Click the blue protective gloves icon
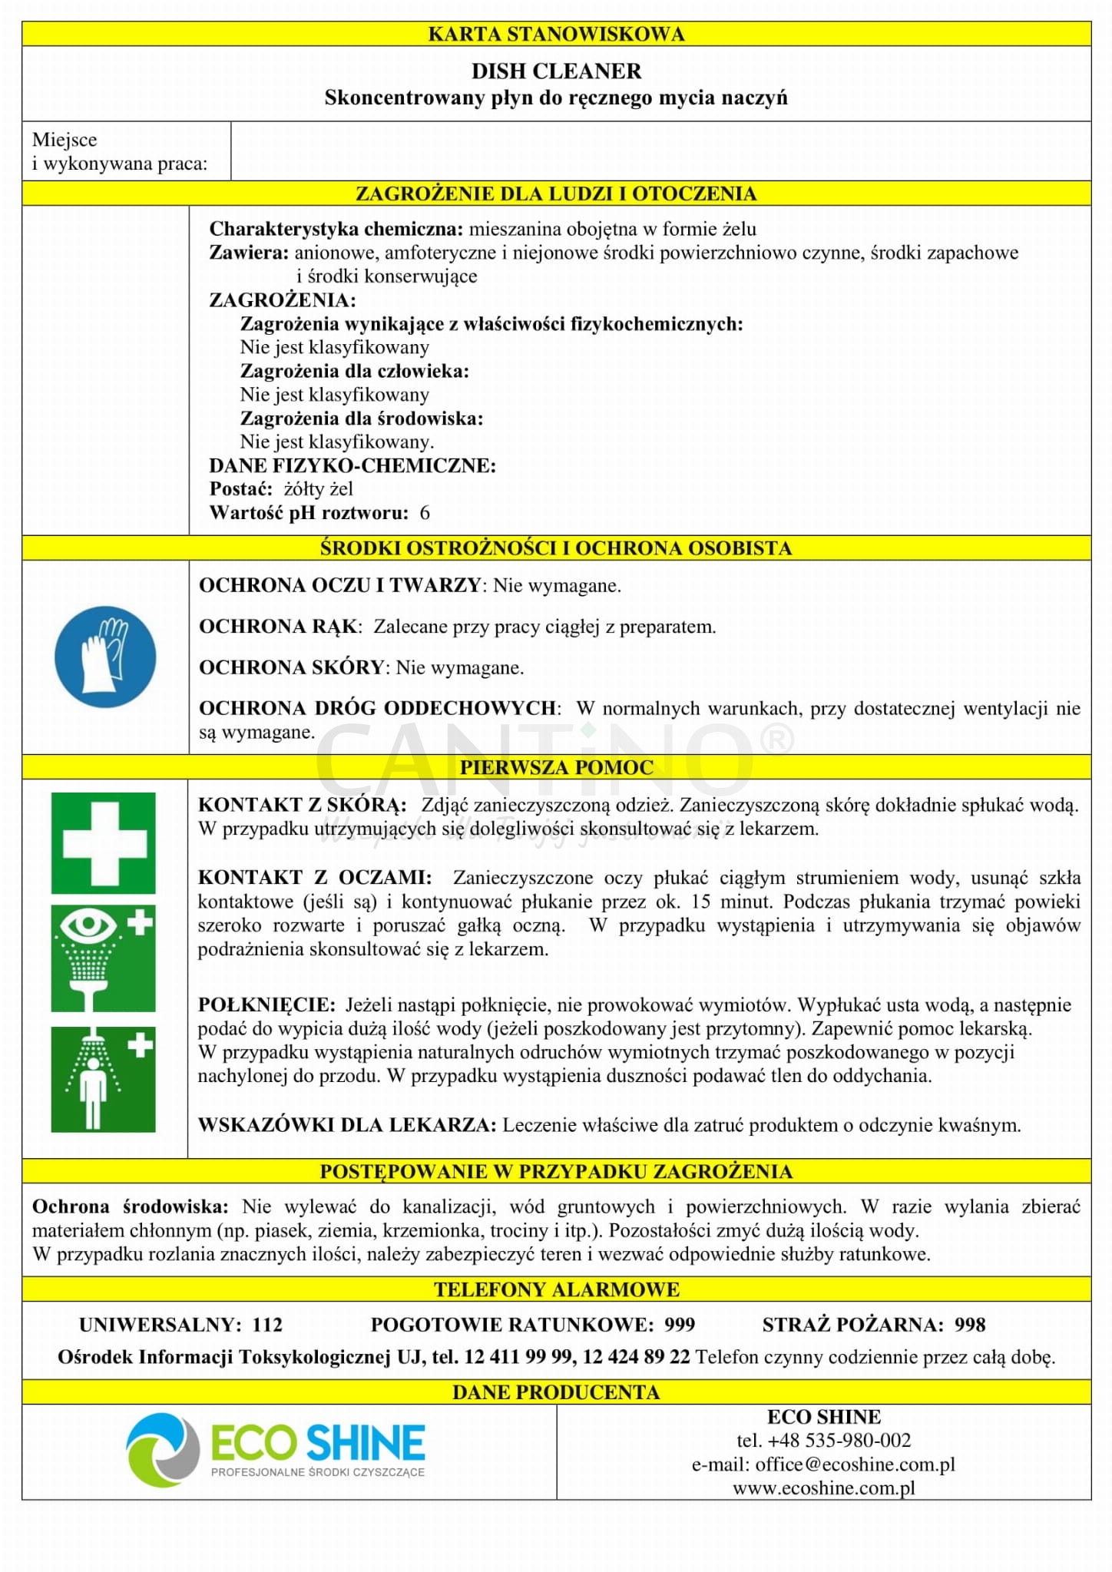[105, 657]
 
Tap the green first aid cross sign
[104, 843]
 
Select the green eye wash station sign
[104, 958]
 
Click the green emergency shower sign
[104, 1079]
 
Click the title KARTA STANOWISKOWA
[556, 34]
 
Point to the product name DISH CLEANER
[556, 71]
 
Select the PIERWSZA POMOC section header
[556, 767]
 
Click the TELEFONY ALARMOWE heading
[556, 1289]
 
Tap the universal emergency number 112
[267, 1325]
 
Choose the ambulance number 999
[680, 1325]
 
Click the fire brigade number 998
[970, 1325]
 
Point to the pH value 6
[425, 513]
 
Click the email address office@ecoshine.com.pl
[855, 1464]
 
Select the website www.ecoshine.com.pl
[824, 1488]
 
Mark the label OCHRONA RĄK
[278, 627]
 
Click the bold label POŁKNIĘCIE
[266, 1004]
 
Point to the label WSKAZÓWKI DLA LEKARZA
[346, 1125]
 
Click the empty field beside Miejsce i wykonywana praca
[660, 151]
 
